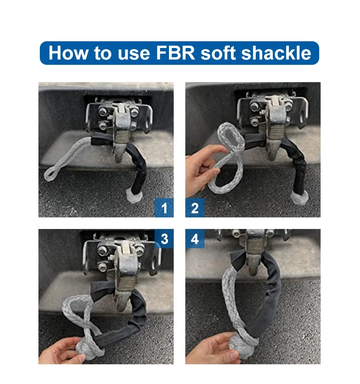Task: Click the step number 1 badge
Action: (164, 208)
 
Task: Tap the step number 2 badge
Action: (195, 208)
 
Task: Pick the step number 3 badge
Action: (164, 239)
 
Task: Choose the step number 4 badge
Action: (195, 239)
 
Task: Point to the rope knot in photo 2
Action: (299, 196)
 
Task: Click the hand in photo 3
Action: (60, 353)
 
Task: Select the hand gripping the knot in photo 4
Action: (216, 348)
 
